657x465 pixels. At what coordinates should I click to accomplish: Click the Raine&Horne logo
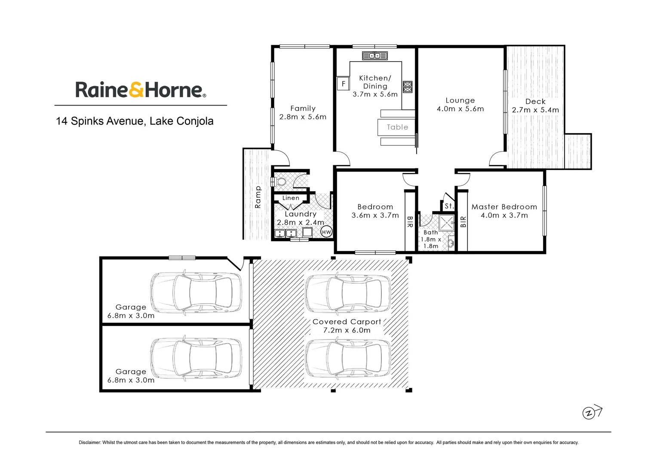(x=141, y=90)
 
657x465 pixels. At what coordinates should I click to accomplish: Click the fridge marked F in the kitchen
(x=343, y=84)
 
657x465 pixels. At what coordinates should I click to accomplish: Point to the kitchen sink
(x=375, y=56)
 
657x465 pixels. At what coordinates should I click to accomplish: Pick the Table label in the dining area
(x=397, y=127)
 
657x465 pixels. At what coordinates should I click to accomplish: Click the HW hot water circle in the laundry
(x=326, y=232)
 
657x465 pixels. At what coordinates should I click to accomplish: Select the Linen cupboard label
(x=291, y=198)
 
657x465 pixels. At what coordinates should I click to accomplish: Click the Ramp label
(x=258, y=197)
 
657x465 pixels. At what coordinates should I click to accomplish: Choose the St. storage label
(x=449, y=206)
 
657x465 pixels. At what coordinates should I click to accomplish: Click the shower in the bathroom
(x=447, y=223)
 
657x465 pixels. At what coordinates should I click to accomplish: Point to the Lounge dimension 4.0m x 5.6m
(x=460, y=109)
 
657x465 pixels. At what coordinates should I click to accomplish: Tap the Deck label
(x=535, y=102)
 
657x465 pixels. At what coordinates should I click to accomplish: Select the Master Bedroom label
(x=504, y=207)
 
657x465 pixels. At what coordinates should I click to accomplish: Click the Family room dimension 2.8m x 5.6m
(x=303, y=117)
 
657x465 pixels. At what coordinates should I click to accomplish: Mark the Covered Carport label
(x=347, y=322)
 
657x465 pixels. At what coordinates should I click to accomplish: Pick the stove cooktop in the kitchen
(x=407, y=87)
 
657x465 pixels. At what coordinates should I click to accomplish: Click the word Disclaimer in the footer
(x=89, y=443)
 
